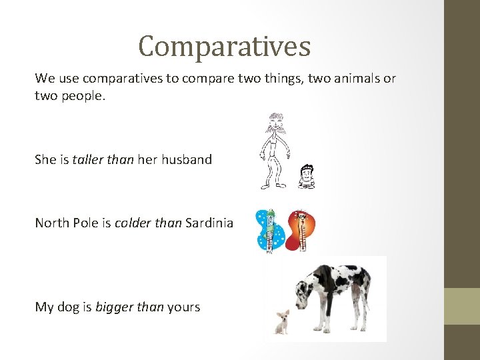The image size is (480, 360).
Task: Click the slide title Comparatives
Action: (225, 47)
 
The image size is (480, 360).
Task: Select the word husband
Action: (187, 159)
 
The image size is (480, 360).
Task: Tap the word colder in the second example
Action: (131, 223)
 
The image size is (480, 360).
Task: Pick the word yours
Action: (183, 307)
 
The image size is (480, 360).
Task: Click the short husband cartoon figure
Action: (306, 176)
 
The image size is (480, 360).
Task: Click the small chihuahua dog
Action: (283, 321)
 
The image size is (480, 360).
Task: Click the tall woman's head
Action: (275, 123)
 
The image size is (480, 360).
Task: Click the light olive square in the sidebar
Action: (462, 306)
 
